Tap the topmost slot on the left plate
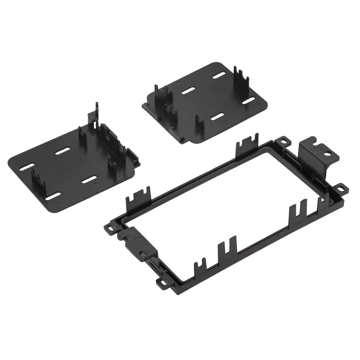tap(62, 151)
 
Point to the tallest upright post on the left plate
tap(96, 112)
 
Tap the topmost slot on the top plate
tap(218, 76)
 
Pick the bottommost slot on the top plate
tap(217, 117)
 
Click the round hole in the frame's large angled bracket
tap(328, 153)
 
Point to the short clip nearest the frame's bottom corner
tap(200, 267)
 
